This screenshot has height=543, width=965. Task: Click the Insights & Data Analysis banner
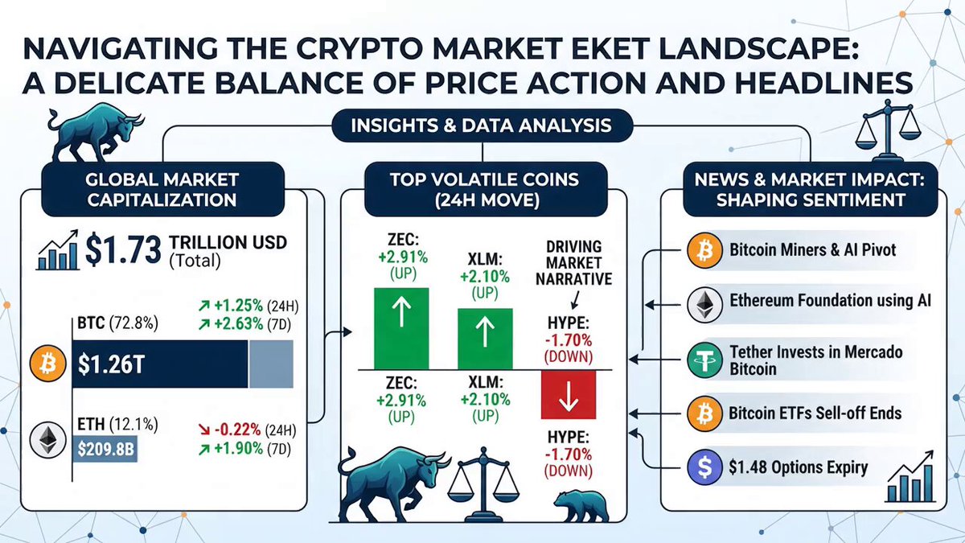tap(482, 125)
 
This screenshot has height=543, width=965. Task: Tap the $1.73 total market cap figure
tap(123, 249)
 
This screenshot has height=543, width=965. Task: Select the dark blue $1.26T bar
tap(160, 364)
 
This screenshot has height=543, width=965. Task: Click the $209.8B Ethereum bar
tap(105, 449)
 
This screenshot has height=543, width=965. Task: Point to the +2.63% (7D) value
tap(244, 324)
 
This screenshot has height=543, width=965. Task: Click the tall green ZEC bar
tap(401, 328)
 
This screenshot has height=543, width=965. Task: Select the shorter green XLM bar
tap(485, 339)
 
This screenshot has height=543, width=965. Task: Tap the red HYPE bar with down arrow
tap(569, 395)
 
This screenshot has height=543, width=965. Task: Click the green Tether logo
tap(704, 360)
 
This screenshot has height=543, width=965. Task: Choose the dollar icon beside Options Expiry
tap(704, 467)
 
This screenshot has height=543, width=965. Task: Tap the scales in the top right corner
tap(887, 130)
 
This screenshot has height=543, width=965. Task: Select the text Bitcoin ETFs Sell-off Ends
tap(815, 413)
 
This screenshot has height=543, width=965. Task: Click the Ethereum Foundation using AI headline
tap(830, 300)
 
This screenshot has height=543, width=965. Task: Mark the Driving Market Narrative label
tap(574, 263)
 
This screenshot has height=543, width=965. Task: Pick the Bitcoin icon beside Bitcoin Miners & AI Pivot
tap(704, 250)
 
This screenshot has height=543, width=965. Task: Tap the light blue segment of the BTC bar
tap(270, 364)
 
